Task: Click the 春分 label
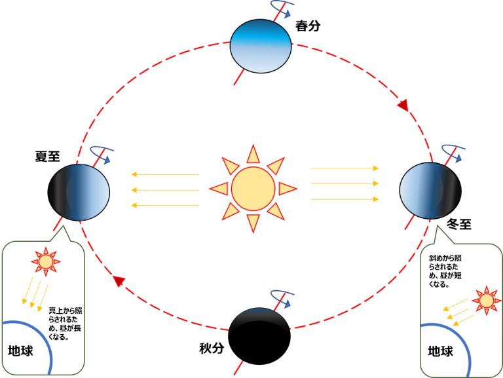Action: (308, 26)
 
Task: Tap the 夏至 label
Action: (47, 157)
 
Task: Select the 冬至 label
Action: (459, 223)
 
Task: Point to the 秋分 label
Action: (212, 348)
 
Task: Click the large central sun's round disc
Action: (253, 189)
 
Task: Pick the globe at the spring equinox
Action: (261, 46)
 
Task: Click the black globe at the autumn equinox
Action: (259, 336)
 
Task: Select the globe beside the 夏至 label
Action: (79, 192)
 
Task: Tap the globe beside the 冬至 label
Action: (430, 191)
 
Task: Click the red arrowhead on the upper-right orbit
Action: (403, 105)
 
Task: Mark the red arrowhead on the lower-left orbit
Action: (119, 281)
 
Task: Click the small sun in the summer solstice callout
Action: (46, 261)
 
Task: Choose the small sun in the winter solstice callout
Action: (487, 301)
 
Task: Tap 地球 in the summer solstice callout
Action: (20, 350)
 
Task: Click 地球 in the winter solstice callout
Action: (440, 351)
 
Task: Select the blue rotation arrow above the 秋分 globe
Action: (282, 299)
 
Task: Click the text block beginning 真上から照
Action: (65, 324)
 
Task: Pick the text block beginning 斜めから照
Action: (445, 271)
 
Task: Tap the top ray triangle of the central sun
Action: (253, 154)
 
